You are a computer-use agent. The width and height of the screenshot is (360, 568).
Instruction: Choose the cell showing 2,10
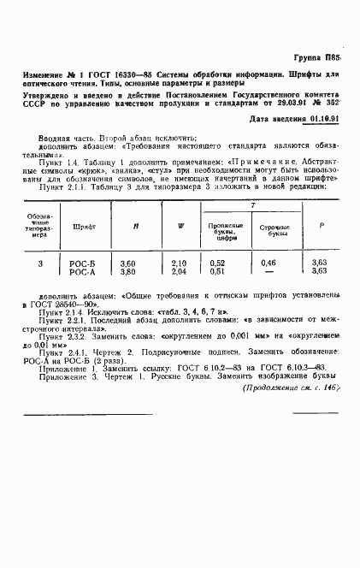click(179, 263)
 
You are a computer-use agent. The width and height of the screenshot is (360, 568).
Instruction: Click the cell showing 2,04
click(179, 271)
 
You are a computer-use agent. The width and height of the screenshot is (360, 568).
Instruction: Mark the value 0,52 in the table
click(218, 263)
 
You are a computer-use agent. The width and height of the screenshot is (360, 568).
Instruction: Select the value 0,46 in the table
click(268, 263)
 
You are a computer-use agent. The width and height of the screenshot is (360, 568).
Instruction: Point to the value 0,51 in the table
click(218, 271)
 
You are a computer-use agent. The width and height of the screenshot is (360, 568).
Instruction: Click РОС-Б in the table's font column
click(82, 263)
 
